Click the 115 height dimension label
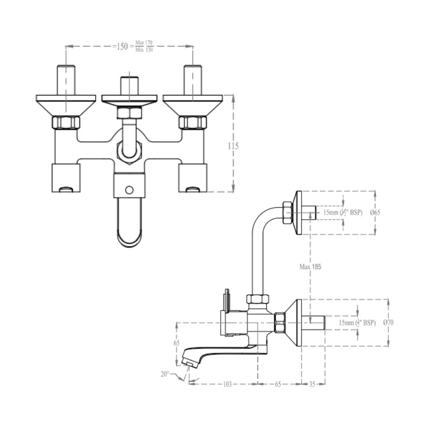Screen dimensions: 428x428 click(x=233, y=146)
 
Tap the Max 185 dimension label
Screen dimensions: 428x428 click(x=310, y=267)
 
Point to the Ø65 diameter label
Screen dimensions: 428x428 click(x=375, y=212)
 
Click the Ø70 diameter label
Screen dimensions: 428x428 click(x=388, y=323)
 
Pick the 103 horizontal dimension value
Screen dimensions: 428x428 click(x=227, y=384)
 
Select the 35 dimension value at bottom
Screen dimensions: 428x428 click(x=312, y=384)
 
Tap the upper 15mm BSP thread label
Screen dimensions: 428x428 click(x=343, y=212)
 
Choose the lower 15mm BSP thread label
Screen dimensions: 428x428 click(x=357, y=323)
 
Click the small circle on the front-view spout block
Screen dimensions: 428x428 click(x=129, y=190)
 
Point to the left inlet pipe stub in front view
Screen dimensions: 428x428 click(x=66, y=80)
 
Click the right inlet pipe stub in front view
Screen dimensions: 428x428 click(x=193, y=80)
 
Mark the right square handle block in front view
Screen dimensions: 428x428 click(x=193, y=178)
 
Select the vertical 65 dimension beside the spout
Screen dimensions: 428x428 click(x=177, y=344)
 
